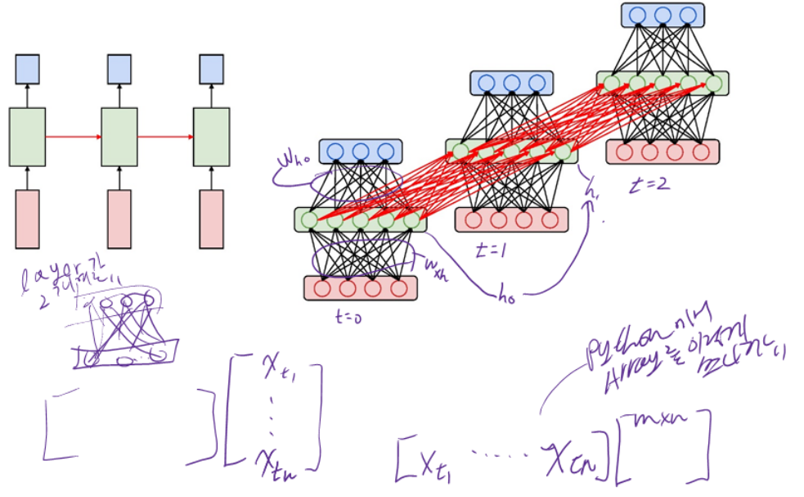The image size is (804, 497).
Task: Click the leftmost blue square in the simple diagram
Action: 27,69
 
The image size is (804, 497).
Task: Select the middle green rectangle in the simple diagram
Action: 119,137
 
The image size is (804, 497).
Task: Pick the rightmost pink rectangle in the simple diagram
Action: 211,219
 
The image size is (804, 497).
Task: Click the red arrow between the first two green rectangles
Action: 73,137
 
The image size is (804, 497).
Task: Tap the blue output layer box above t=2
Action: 662,15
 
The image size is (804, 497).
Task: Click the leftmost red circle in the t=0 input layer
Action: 322,288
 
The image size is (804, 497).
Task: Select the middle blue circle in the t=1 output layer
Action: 511,83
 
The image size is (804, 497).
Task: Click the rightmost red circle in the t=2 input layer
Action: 700,151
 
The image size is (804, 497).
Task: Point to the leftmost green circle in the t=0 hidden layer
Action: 308,219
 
